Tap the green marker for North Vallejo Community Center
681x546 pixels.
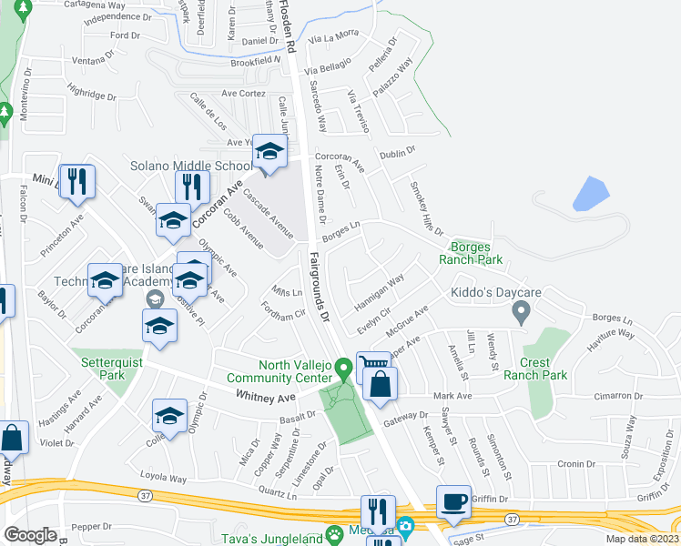(x=343, y=369)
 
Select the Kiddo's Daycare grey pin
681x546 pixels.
(x=521, y=313)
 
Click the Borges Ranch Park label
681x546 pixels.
(x=477, y=253)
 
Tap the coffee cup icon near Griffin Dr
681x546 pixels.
(x=453, y=501)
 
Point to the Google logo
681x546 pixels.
(x=30, y=535)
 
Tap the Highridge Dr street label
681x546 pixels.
(x=91, y=93)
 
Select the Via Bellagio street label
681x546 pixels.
(x=326, y=70)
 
